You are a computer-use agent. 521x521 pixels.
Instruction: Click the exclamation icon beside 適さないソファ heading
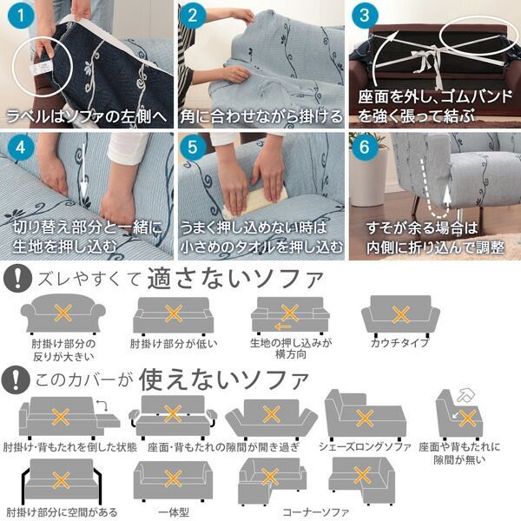point(15,280)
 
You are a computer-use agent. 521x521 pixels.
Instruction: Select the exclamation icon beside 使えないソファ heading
point(15,379)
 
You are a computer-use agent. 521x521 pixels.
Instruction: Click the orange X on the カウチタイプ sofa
point(400,314)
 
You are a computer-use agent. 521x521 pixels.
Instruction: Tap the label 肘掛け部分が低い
point(174,343)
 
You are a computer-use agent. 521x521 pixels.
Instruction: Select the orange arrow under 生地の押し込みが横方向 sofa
point(260,327)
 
